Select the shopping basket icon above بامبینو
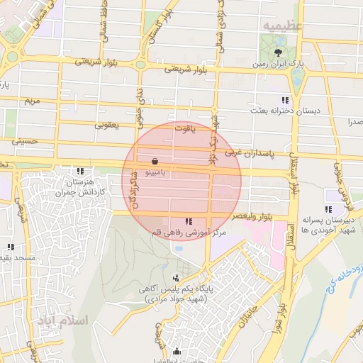click(155, 160)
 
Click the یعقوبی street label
click(109, 125)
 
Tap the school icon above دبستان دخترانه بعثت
click(285, 100)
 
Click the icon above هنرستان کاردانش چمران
click(81, 171)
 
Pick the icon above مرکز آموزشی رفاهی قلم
click(188, 222)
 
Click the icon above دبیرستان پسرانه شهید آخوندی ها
click(328, 209)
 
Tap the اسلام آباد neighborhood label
click(63, 320)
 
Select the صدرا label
click(354, 122)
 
